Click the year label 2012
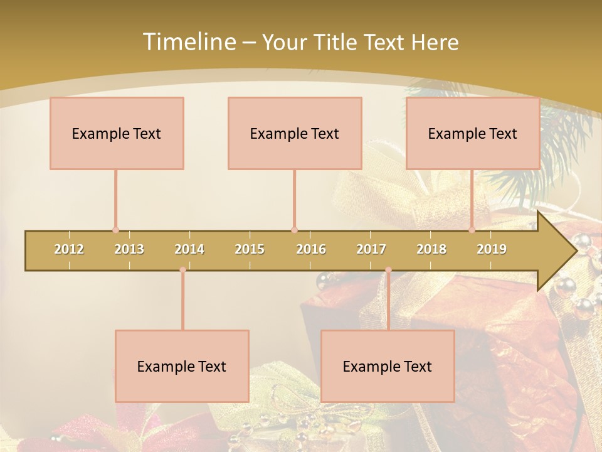coord(69,249)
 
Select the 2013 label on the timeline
coord(129,249)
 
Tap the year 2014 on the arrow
coord(189,249)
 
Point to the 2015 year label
coord(250,249)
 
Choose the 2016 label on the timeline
coord(311,249)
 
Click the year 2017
coord(371,249)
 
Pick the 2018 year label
coord(431,249)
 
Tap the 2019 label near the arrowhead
coord(492,249)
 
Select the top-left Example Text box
coord(117,133)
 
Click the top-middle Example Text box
coord(295,133)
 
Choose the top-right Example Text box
coord(473,133)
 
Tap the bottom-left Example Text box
coord(182,366)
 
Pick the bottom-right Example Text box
coord(388,366)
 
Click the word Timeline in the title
coord(189,42)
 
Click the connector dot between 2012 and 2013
coord(115,230)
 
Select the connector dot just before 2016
coord(294,230)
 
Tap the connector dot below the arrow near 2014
coord(182,270)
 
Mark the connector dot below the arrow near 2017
coord(388,270)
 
